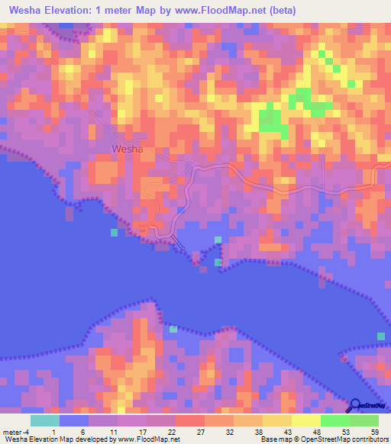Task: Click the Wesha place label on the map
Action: pyautogui.click(x=127, y=150)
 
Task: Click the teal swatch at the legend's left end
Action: pyautogui.click(x=45, y=420)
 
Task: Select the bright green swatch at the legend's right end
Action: pyautogui.click(x=364, y=420)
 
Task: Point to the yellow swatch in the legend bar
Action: pyautogui.click(x=305, y=420)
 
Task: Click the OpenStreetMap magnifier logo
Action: pyautogui.click(x=354, y=405)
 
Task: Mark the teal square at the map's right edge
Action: pyautogui.click(x=381, y=336)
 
